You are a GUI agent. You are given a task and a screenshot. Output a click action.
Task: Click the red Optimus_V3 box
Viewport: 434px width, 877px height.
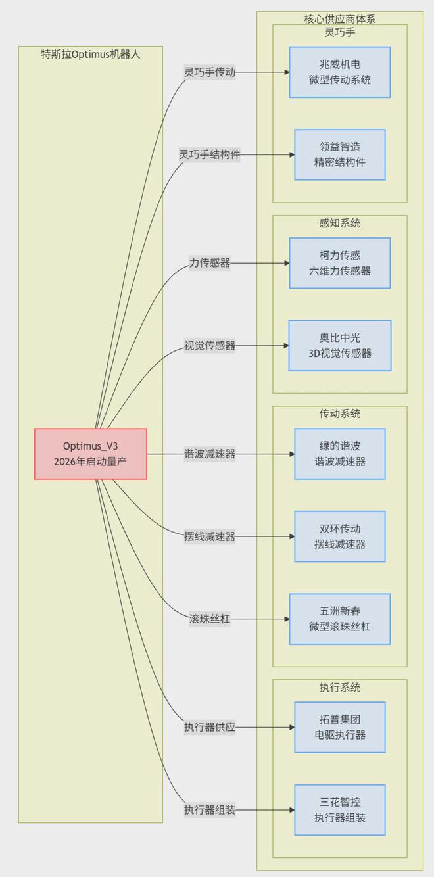click(91, 454)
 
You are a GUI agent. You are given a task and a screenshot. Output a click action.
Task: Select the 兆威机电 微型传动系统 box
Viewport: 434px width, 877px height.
click(340, 72)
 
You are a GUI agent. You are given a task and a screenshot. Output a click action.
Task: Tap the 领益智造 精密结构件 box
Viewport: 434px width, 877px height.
click(340, 154)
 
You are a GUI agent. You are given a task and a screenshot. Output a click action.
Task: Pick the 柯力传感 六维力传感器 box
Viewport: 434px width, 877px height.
click(340, 263)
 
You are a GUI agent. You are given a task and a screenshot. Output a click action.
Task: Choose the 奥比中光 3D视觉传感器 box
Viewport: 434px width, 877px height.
click(340, 345)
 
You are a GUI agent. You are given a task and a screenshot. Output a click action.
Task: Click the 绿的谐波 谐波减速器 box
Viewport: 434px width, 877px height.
click(340, 454)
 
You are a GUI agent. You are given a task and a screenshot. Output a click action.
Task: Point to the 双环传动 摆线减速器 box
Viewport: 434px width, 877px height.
click(340, 536)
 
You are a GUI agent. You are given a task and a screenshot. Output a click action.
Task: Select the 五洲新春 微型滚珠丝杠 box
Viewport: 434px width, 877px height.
click(340, 619)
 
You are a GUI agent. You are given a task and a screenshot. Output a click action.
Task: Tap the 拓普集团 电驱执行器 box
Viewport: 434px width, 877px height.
click(340, 727)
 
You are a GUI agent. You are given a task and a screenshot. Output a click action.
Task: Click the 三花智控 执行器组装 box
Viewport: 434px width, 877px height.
click(340, 810)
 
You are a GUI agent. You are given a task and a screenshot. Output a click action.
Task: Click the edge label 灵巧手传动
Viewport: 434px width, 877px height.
click(210, 72)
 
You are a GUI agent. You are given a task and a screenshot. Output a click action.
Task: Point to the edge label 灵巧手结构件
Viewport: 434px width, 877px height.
click(210, 154)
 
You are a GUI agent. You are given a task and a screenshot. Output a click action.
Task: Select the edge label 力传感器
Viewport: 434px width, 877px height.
click(210, 263)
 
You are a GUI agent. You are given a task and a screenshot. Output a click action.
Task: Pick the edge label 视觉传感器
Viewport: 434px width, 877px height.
click(210, 345)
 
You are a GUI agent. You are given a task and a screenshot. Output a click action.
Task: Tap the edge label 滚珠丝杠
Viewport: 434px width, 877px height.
click(210, 619)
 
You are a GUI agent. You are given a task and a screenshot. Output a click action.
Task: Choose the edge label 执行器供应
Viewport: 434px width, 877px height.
click(210, 727)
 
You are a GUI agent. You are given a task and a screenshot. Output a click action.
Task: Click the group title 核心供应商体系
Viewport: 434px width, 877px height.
click(340, 19)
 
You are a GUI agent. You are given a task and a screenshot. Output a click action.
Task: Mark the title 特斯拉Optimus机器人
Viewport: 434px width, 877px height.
click(91, 54)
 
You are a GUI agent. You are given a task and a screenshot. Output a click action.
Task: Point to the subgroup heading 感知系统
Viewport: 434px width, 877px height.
click(340, 223)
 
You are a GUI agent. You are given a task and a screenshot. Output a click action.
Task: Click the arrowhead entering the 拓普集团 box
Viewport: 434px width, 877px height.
click(291, 727)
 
